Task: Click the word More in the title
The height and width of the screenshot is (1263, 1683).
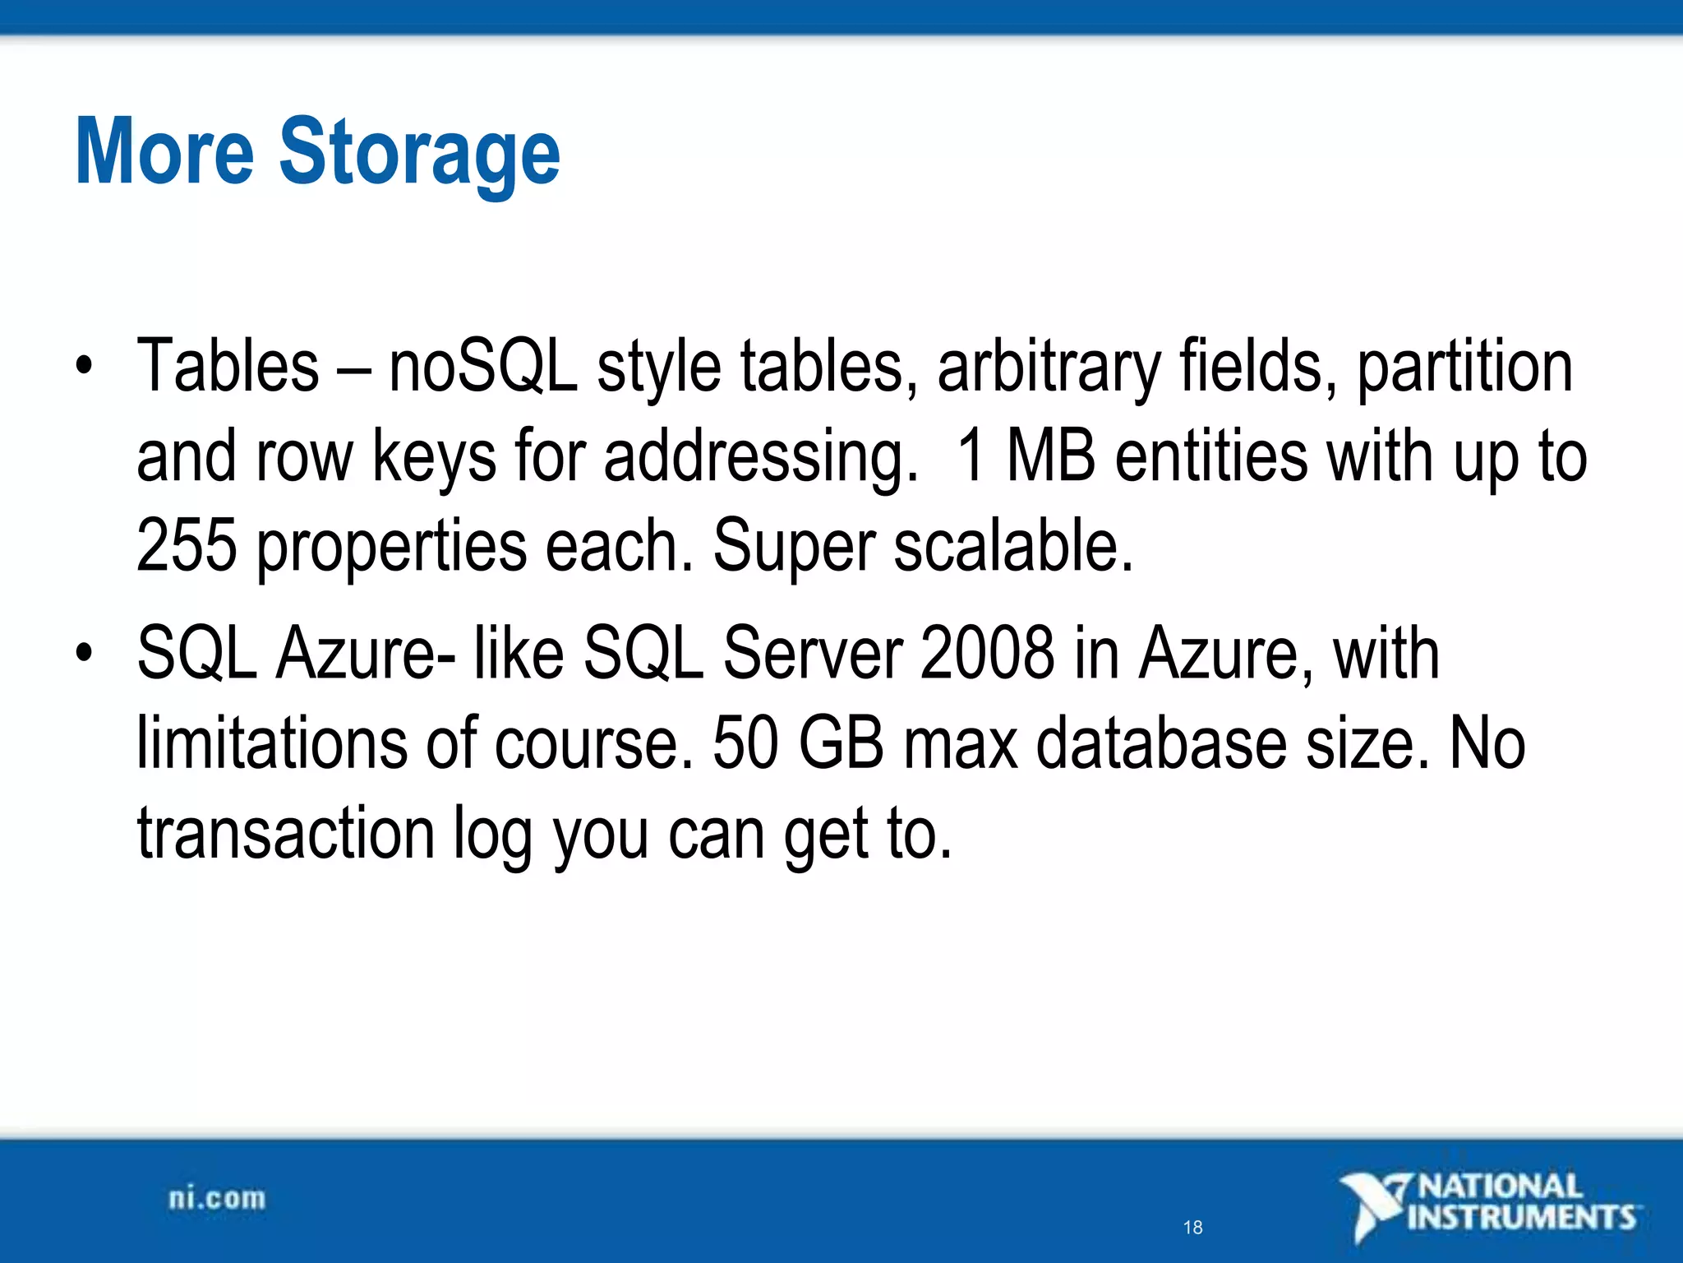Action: coord(164,152)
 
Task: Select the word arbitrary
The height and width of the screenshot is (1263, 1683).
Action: coord(1049,368)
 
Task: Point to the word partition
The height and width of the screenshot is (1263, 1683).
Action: coord(1464,368)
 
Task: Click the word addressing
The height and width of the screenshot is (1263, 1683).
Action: coord(760,457)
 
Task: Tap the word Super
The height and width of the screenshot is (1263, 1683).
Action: coord(794,547)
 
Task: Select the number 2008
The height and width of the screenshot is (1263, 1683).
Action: coord(987,653)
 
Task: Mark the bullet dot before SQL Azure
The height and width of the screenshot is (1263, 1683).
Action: coord(83,653)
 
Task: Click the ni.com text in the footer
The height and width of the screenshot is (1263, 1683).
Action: coord(217,1198)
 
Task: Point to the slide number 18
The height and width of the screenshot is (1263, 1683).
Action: coord(1192,1228)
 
